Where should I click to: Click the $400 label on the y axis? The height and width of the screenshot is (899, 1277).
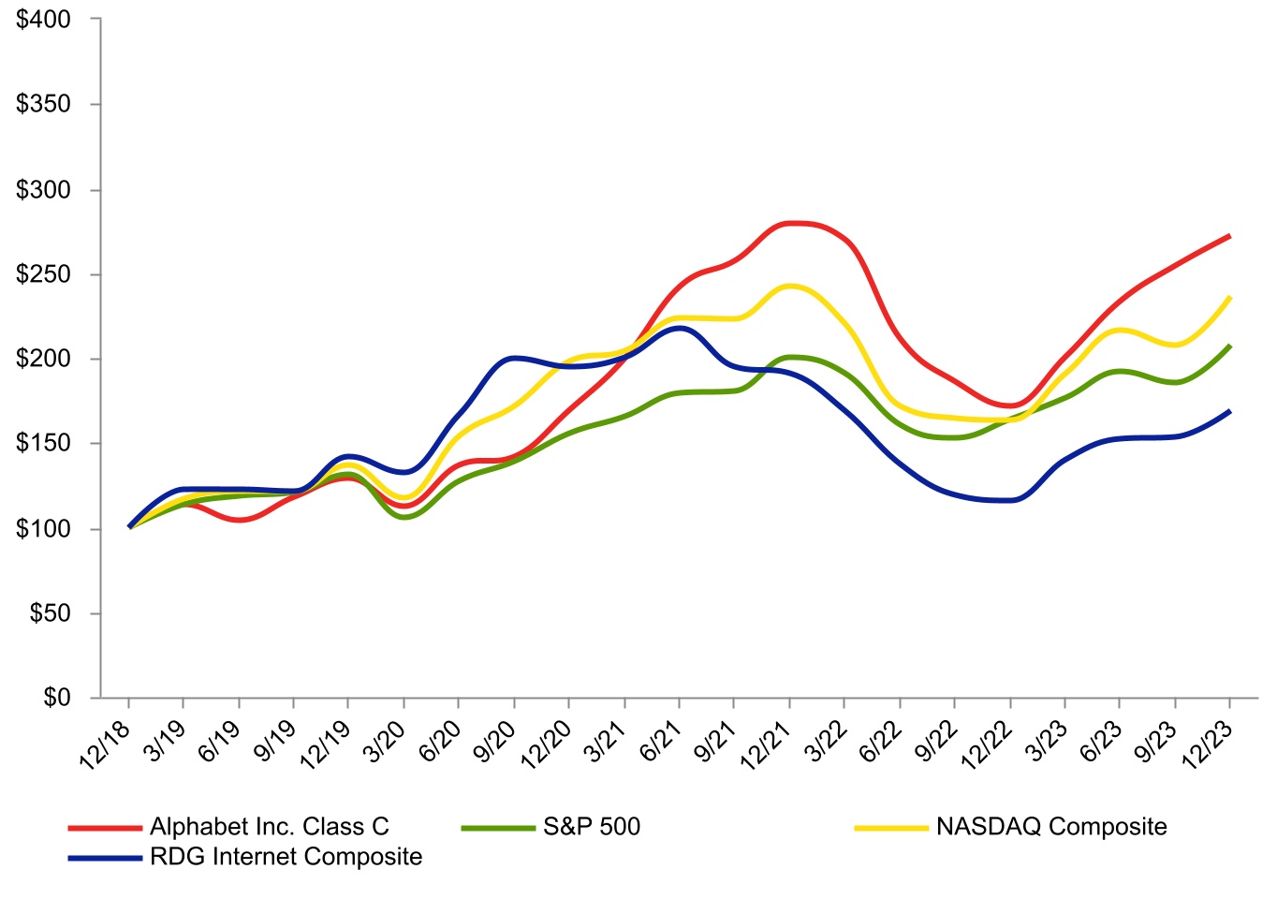(x=44, y=20)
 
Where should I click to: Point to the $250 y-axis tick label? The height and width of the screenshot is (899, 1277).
(x=44, y=274)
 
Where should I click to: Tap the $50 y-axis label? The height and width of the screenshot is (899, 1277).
(x=50, y=613)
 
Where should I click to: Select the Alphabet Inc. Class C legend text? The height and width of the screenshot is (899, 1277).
(x=269, y=827)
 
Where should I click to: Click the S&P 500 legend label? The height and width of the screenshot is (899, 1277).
(x=592, y=827)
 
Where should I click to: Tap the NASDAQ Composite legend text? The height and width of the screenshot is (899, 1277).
(x=1051, y=827)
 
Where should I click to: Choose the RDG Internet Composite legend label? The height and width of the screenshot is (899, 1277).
(x=286, y=857)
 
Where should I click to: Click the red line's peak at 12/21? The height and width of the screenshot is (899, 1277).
(x=790, y=223)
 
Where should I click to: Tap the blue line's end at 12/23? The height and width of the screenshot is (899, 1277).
(x=1229, y=411)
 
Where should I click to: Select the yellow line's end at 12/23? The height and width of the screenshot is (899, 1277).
(x=1229, y=298)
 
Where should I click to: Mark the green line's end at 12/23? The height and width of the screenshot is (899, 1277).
(x=1229, y=346)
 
